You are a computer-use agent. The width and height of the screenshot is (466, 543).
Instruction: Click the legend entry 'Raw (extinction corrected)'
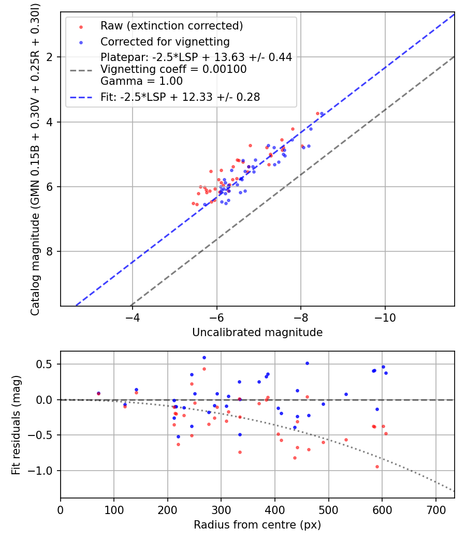click(x=171, y=26)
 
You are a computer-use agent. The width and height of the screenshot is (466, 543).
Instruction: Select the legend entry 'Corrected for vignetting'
click(x=165, y=41)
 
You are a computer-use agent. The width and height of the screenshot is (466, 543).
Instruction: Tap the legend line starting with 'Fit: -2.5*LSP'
click(x=180, y=97)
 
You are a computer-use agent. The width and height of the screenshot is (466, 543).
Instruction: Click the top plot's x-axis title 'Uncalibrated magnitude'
click(x=257, y=333)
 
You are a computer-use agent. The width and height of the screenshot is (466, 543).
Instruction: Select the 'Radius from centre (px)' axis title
click(x=257, y=525)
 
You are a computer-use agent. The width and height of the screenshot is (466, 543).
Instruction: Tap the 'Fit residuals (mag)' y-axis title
click(x=16, y=425)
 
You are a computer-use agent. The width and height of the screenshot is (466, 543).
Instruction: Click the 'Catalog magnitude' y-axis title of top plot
click(x=35, y=158)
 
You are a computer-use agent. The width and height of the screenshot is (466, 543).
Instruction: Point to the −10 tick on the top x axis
click(x=385, y=316)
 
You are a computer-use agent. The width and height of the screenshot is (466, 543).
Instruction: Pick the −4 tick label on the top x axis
click(x=132, y=316)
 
